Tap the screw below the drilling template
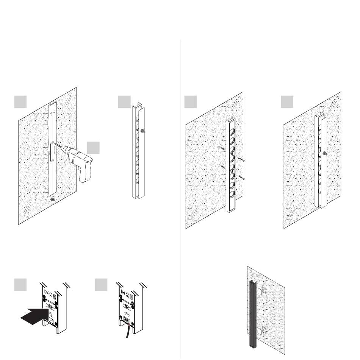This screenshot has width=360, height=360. (52, 199)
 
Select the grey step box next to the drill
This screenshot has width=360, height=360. (93, 148)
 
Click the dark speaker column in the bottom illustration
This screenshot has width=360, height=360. (252, 314)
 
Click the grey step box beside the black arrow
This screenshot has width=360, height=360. (20, 285)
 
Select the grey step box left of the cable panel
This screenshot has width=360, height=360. (100, 285)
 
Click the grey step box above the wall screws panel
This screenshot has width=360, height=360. (191, 102)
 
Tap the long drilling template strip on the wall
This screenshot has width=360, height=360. (53, 151)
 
